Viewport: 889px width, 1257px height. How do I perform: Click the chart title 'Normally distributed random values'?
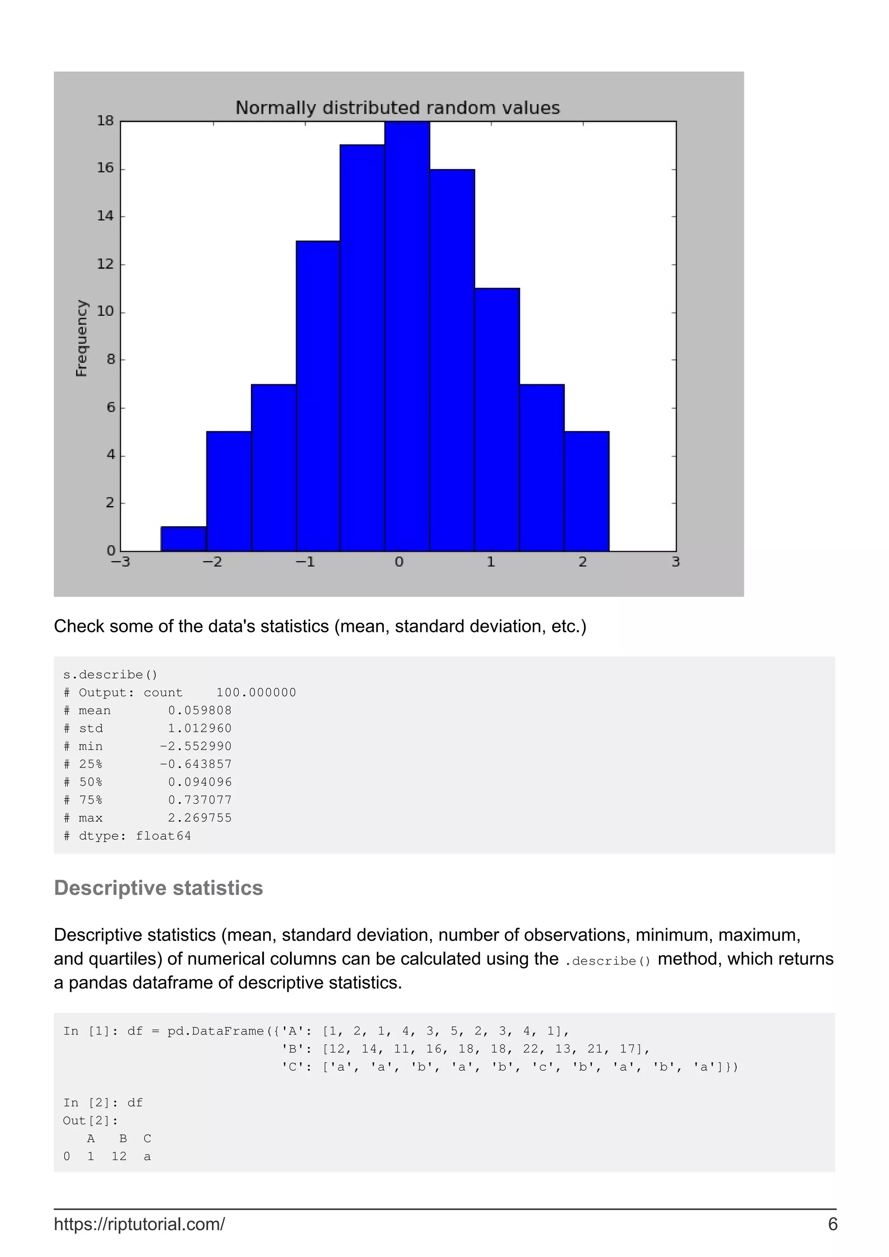[398, 108]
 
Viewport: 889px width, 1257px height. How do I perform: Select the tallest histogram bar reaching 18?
[407, 336]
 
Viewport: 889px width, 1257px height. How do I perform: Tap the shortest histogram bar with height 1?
[184, 539]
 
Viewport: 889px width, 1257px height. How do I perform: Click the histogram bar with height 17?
[362, 347]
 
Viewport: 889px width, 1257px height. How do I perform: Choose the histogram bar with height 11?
[497, 419]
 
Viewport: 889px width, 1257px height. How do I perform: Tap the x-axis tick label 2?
[583, 562]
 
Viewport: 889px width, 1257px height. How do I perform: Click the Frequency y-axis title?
[82, 338]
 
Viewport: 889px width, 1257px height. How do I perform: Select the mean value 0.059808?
[200, 710]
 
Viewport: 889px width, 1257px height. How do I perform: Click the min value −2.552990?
[195, 746]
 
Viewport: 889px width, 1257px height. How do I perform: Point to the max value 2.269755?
[200, 818]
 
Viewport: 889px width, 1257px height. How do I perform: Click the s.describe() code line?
[110, 674]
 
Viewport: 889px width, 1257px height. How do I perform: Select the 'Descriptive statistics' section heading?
[158, 888]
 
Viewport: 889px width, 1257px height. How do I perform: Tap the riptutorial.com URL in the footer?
[139, 1224]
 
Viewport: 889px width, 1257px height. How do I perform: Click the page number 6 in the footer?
[833, 1224]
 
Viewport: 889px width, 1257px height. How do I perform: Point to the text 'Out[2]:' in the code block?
[90, 1121]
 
